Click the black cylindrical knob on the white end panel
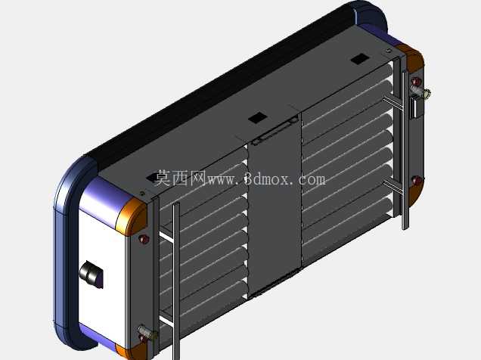click(x=91, y=274)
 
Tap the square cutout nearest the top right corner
click(x=360, y=58)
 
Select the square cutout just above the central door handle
click(x=257, y=117)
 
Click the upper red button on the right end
click(x=416, y=81)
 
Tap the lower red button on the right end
click(x=417, y=181)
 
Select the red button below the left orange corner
click(x=144, y=239)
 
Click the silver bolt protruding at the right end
click(x=421, y=92)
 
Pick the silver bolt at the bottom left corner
click(x=147, y=333)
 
